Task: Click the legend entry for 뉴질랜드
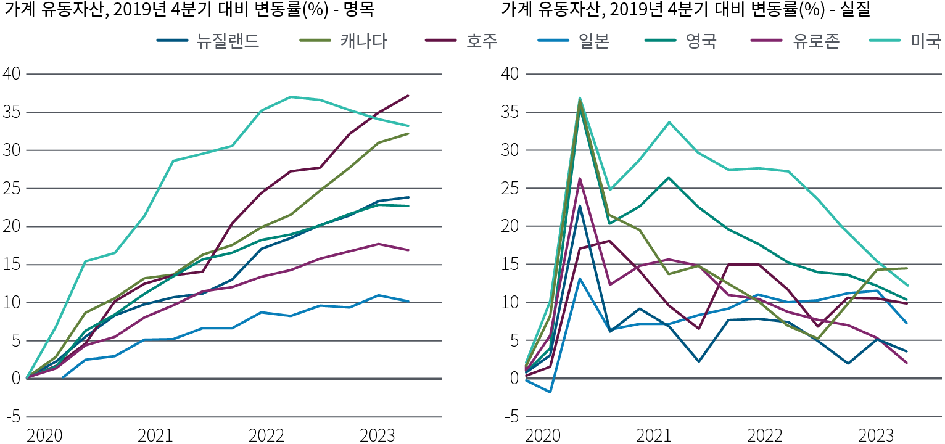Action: (x=227, y=41)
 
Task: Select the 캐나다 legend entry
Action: (x=363, y=41)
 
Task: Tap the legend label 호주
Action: (x=482, y=41)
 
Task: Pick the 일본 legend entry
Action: (x=593, y=41)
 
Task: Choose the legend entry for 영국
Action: (x=701, y=41)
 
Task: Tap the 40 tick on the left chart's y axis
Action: (x=13, y=74)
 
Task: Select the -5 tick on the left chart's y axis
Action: (x=13, y=416)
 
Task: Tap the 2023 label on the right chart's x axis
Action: (x=876, y=435)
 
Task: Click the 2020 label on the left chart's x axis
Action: (x=44, y=435)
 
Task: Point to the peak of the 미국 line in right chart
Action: (x=580, y=97)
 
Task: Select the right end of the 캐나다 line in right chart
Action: (x=906, y=268)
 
